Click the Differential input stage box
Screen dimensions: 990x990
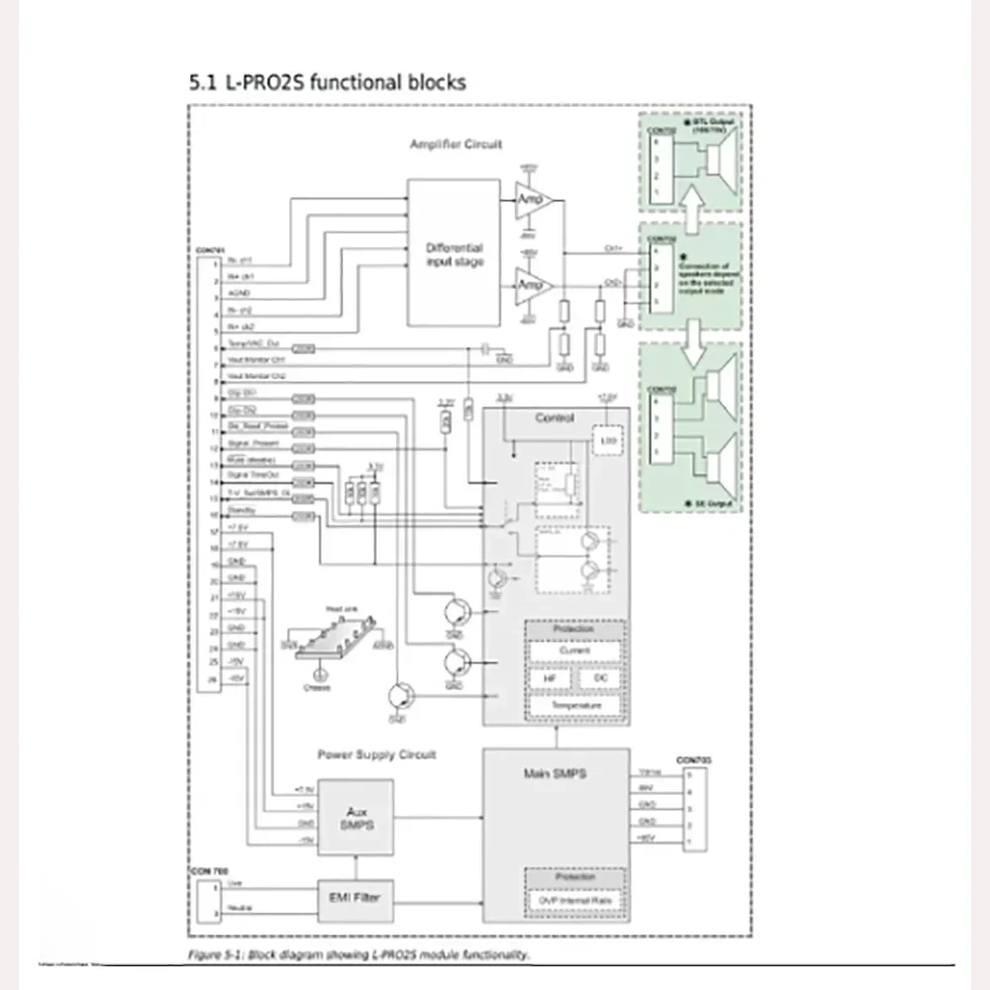453,252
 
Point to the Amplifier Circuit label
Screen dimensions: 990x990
455,145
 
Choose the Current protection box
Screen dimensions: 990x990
574,651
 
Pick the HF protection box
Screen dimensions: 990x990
549,679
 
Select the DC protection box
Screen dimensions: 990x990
599,679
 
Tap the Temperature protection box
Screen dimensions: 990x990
574,705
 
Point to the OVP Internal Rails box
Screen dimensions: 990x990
574,900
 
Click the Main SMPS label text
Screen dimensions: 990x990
554,772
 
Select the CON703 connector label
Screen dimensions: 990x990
693,759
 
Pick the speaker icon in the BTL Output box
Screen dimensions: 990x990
715,164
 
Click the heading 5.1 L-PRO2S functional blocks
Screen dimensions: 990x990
327,83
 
